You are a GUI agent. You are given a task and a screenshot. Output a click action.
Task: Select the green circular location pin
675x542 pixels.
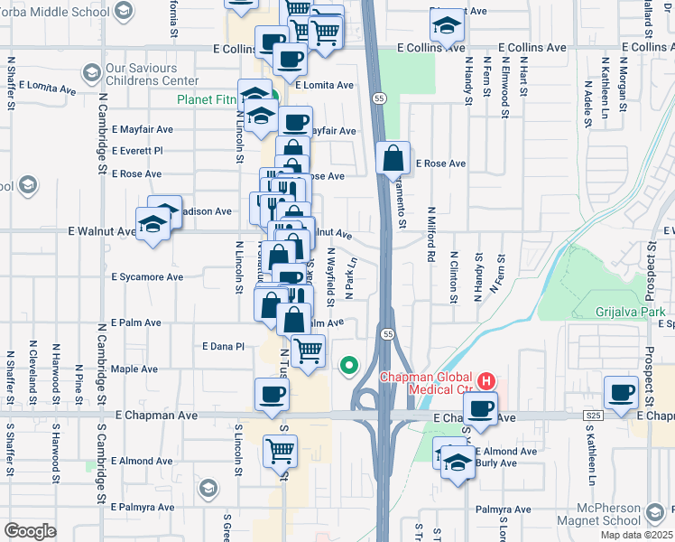tap(348, 366)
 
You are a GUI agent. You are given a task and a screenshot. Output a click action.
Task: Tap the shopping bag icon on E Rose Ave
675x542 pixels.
tap(393, 158)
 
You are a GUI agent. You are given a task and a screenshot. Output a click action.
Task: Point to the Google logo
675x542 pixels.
tap(29, 531)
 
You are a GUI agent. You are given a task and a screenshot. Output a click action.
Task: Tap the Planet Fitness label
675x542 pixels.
tap(210, 100)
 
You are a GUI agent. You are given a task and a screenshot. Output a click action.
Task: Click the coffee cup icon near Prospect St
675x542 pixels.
tap(622, 393)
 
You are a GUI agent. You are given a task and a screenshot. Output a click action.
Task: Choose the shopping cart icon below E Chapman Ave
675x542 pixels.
tap(281, 449)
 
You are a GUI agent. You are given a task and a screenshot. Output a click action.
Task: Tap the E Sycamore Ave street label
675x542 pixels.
tap(147, 277)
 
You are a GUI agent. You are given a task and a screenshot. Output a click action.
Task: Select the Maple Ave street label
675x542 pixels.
tap(134, 369)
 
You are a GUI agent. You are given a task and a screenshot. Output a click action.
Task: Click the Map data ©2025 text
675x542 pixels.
tap(637, 535)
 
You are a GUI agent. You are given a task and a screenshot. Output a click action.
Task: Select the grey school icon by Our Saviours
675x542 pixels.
tap(91, 71)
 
